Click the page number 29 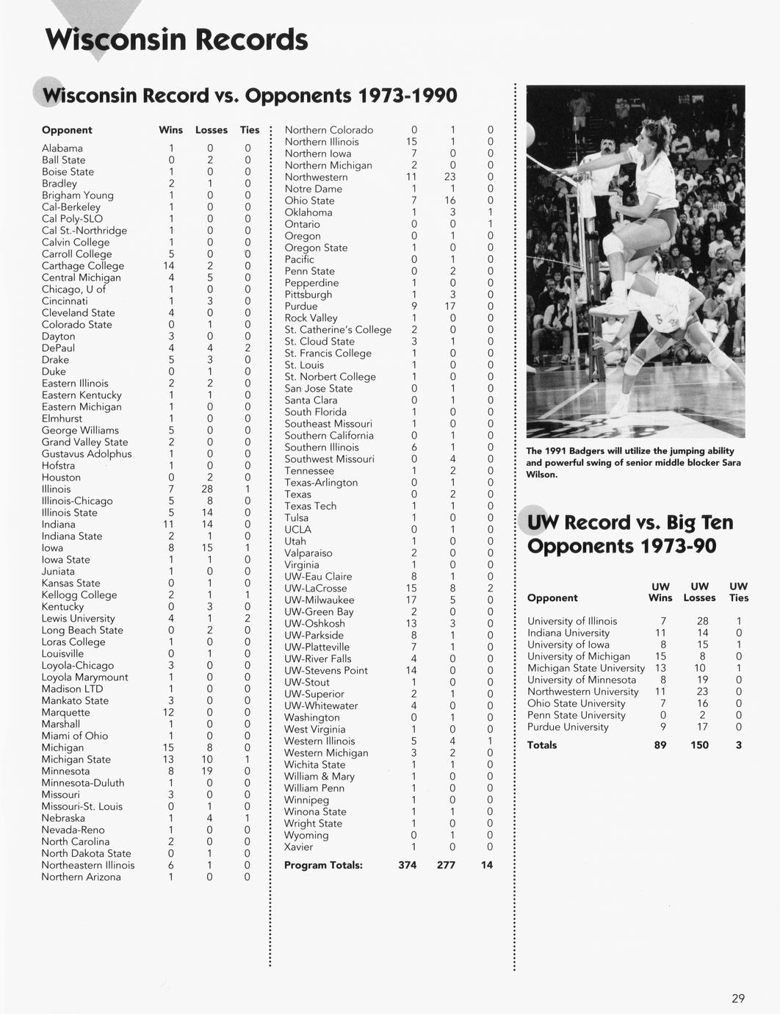pos(738,998)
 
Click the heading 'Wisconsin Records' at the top pos(176,40)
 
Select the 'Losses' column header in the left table pos(212,130)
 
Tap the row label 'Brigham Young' pos(78,195)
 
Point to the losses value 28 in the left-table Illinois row pos(207,489)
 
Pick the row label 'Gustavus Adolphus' pos(87,454)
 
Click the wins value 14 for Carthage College pos(169,266)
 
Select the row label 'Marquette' pos(66,713)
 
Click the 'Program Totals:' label pos(323,866)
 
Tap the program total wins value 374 pos(408,866)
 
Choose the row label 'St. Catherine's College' pos(338,330)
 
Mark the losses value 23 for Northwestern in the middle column pos(450,177)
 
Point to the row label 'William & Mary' pos(319,777)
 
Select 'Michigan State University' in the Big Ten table pos(586,669)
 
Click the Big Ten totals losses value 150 pos(699,745)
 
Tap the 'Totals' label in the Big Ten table pos(542,745)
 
